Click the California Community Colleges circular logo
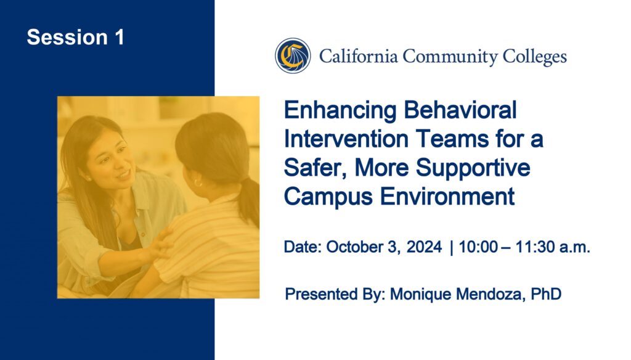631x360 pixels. tap(293, 55)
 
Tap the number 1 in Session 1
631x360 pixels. tap(119, 37)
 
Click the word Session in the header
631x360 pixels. tap(67, 37)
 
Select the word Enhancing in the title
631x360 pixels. tap(340, 111)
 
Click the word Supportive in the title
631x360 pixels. tap(473, 168)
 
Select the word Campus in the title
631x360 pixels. tap(328, 197)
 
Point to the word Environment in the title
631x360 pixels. tap(447, 197)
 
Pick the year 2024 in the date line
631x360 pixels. tap(424, 247)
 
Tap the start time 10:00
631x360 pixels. tap(478, 247)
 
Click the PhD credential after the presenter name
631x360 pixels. tap(546, 294)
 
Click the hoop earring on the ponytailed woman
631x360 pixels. tap(198, 183)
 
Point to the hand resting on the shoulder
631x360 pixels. tap(159, 245)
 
